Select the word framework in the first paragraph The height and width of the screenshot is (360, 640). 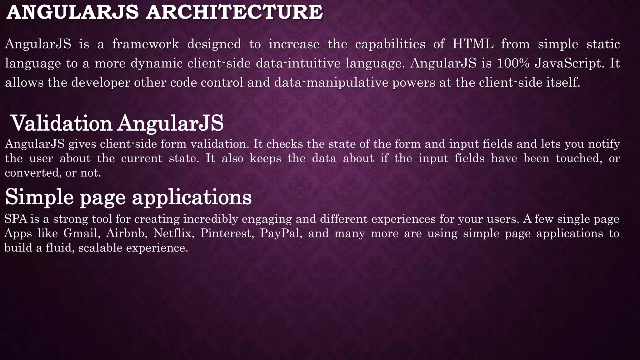(x=145, y=44)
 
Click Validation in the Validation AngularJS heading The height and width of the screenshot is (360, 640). (x=62, y=123)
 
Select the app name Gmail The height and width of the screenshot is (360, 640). (x=82, y=233)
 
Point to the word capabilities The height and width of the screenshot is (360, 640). (x=390, y=44)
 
